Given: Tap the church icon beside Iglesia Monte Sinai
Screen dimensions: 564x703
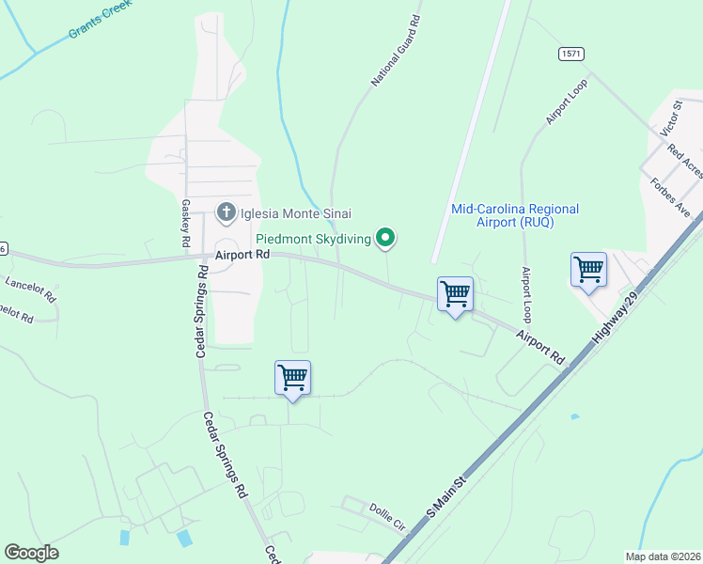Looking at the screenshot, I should tap(226, 212).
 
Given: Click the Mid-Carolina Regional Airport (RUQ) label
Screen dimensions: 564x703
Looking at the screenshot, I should tap(515, 215).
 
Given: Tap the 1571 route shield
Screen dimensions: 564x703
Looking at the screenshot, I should tap(570, 54).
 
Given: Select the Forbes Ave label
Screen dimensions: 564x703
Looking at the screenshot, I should tap(670, 197).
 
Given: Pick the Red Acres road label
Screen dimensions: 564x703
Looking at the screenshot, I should tap(685, 161).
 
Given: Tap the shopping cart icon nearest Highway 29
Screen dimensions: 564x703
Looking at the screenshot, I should tap(588, 269).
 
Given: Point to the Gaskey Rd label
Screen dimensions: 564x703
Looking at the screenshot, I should tap(185, 223).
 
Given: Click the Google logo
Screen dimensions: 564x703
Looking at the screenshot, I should tap(31, 553).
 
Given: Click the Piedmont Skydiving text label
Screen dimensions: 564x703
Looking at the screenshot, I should tap(314, 239).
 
